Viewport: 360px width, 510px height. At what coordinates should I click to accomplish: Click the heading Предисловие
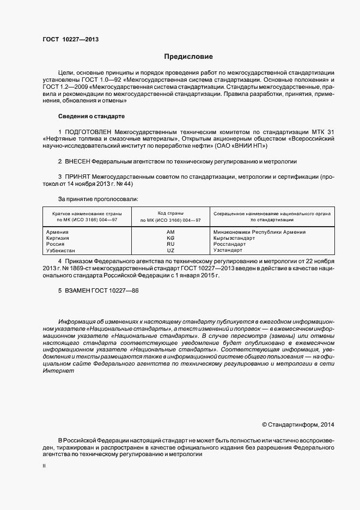pos(189,57)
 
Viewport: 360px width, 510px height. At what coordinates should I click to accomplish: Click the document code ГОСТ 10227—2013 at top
pos(70,39)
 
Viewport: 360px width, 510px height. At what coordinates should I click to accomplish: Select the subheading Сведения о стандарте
pos(91,116)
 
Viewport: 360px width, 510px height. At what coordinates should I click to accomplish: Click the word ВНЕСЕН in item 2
pos(77,162)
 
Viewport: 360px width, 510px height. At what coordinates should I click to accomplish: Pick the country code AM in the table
pos(170,232)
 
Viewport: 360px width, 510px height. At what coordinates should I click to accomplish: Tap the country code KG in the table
pos(170,238)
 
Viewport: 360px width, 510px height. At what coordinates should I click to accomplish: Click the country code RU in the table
pos(170,244)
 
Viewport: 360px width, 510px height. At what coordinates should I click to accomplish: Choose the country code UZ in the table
pos(170,250)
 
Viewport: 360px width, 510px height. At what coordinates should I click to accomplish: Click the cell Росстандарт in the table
pos(230,244)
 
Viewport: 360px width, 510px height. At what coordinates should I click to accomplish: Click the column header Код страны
pos(170,214)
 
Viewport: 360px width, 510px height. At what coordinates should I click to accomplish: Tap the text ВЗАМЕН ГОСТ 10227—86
pos(99,290)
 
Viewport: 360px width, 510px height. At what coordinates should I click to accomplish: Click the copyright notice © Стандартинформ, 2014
pos(297,424)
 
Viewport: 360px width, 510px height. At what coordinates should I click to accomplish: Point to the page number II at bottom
pos(44,467)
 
